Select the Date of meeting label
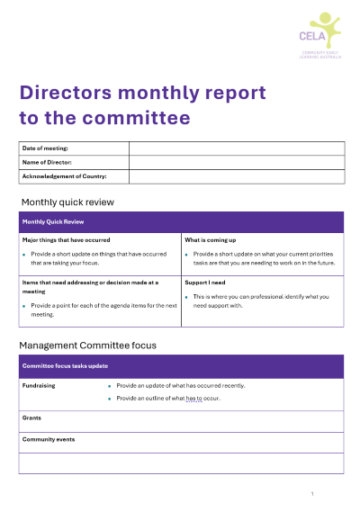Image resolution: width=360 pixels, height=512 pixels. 46,148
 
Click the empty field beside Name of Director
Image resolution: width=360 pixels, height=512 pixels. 236,162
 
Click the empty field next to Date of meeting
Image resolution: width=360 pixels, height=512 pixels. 236,148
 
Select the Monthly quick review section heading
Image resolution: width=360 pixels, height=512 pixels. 67,202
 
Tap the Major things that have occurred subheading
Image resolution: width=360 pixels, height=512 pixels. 66,240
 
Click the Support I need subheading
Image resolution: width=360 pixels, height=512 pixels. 204,282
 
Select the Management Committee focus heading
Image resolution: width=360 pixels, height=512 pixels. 87,345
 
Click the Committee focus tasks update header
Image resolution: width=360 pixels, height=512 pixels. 65,366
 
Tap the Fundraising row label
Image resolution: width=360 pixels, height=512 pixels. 39,385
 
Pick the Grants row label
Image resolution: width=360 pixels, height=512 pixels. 31,418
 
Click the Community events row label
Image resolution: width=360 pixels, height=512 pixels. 49,439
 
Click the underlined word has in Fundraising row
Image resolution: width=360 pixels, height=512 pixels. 192,398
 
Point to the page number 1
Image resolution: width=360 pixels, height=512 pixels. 311,494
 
